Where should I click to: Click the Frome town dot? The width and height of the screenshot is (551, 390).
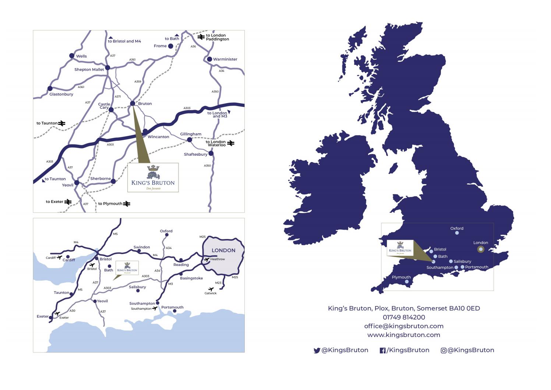click(x=170, y=46)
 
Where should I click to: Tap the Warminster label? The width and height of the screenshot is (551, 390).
click(x=225, y=59)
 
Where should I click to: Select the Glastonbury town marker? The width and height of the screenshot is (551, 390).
click(x=50, y=88)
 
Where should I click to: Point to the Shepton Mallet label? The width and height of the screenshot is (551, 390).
click(x=89, y=69)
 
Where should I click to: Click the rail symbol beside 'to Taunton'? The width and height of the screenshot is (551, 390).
click(x=62, y=123)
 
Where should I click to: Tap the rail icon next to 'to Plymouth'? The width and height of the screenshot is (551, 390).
click(x=127, y=204)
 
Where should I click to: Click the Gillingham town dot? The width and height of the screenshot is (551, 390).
click(x=190, y=140)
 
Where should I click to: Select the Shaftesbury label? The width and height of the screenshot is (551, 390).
click(x=195, y=154)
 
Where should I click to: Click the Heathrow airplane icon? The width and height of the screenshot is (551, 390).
click(x=206, y=260)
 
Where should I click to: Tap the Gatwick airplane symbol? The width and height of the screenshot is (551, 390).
click(x=211, y=289)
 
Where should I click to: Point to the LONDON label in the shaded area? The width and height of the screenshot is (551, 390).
click(x=223, y=250)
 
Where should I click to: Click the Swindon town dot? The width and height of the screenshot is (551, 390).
click(x=139, y=251)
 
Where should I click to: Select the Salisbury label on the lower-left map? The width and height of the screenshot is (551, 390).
click(x=137, y=287)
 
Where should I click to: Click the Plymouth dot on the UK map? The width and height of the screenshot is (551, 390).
click(x=407, y=282)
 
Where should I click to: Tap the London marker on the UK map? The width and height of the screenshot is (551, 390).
click(x=480, y=249)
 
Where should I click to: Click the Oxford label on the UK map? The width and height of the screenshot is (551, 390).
click(x=457, y=228)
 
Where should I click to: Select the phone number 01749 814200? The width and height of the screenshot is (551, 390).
click(x=404, y=317)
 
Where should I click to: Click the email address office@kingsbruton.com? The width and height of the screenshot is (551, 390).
click(x=404, y=326)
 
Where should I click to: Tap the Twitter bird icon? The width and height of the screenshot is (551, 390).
click(x=317, y=351)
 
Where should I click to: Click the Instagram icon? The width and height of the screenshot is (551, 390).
click(x=444, y=351)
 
